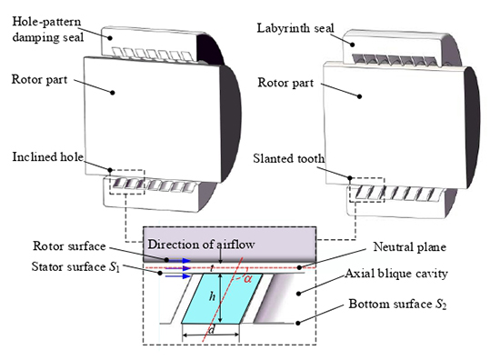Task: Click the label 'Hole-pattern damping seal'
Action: point(46,23)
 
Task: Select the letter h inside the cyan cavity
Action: point(211,295)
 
